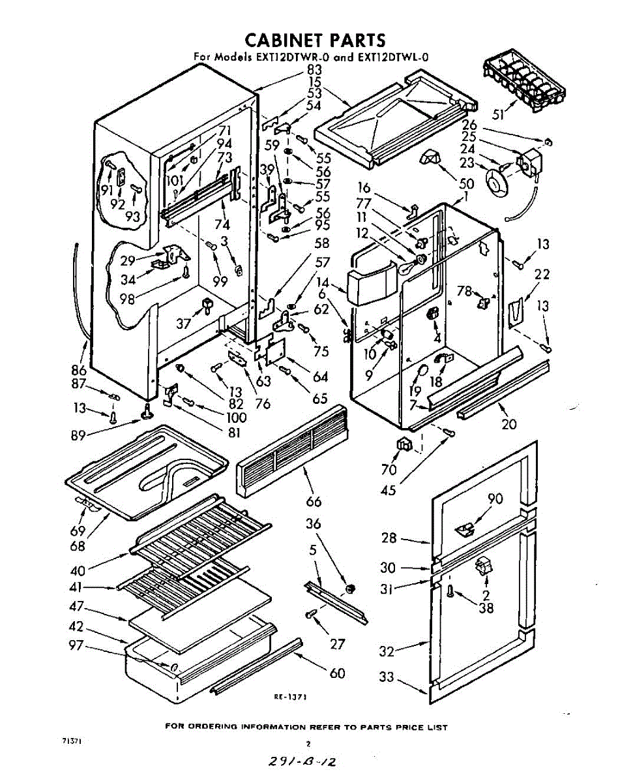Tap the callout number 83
[x=314, y=70]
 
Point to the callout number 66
[x=314, y=501]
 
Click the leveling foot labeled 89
[x=148, y=411]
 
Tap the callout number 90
[x=495, y=500]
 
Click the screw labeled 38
[x=450, y=592]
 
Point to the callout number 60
[x=337, y=673]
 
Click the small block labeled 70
[x=405, y=445]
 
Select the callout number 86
[x=79, y=370]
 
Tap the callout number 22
[x=542, y=275]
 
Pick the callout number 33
[x=387, y=677]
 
